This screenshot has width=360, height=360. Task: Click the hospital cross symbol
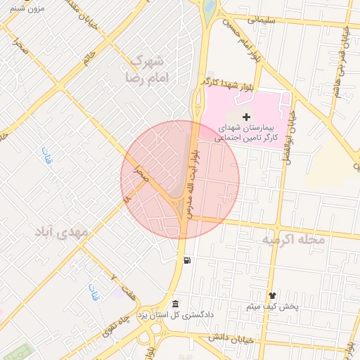[x=245, y=116]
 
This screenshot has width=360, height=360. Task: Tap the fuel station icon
[x=186, y=261]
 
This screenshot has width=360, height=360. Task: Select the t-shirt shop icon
[x=273, y=295]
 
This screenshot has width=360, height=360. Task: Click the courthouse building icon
[x=175, y=303]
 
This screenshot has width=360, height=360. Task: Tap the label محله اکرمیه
[x=293, y=240]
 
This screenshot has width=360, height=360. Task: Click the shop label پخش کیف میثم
[x=273, y=307]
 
